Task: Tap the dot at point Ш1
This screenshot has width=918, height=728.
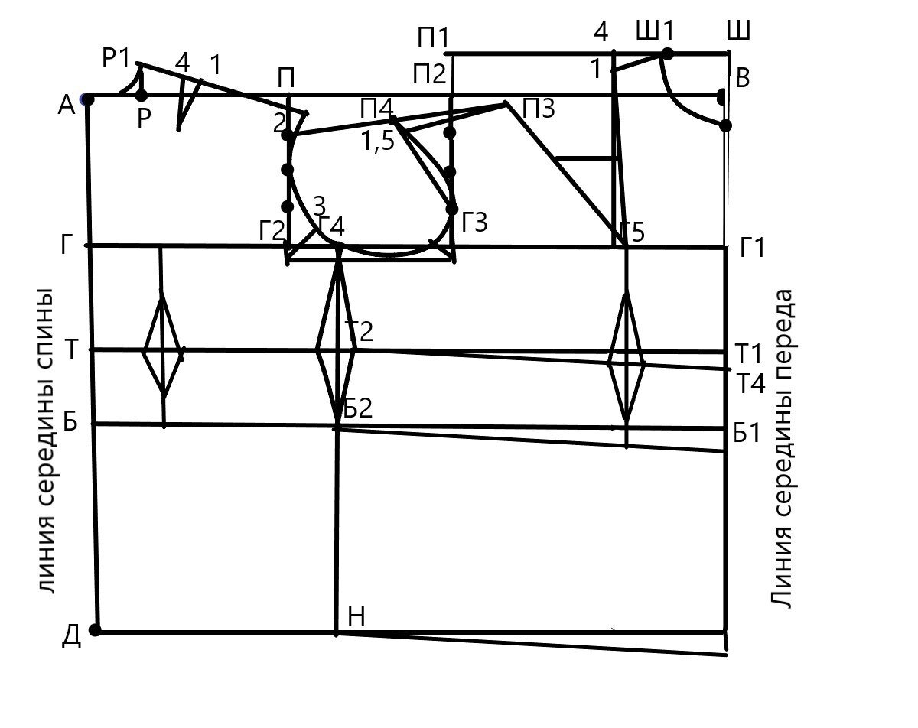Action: pyautogui.click(x=667, y=54)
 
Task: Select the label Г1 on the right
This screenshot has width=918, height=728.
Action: pyautogui.click(x=753, y=249)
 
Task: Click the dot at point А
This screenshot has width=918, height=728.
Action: pyautogui.click(x=87, y=99)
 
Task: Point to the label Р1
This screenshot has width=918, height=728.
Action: pyautogui.click(x=118, y=60)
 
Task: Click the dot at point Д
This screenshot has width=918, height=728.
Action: pyautogui.click(x=95, y=630)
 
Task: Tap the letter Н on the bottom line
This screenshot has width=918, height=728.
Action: pyautogui.click(x=356, y=616)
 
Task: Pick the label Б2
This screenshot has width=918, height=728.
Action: pyautogui.click(x=357, y=409)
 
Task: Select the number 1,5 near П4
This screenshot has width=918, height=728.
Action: pyautogui.click(x=378, y=143)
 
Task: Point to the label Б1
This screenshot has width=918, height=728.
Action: pyautogui.click(x=747, y=433)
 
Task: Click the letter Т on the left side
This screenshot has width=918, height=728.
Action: pyautogui.click(x=71, y=349)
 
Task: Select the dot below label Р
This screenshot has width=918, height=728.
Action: pyautogui.click(x=142, y=96)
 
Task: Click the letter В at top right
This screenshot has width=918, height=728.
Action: pyautogui.click(x=742, y=78)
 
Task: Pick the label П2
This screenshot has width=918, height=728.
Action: pyautogui.click(x=428, y=75)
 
